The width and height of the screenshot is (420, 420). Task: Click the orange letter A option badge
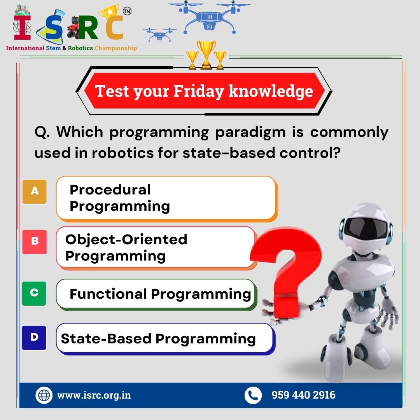pyautogui.click(x=35, y=192)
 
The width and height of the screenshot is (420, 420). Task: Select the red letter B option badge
pyautogui.click(x=35, y=241)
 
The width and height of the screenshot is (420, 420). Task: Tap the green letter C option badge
pyautogui.click(x=34, y=293)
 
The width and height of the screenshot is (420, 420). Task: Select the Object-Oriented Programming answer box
pyautogui.click(x=156, y=247)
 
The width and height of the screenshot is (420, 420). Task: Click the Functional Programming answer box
pyautogui.click(x=156, y=294)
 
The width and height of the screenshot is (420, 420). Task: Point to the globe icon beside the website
pyautogui.click(x=44, y=395)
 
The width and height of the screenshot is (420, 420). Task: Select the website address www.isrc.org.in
pyautogui.click(x=94, y=395)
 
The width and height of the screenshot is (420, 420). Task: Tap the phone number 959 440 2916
pyautogui.click(x=303, y=395)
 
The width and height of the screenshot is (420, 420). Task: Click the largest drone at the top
pyautogui.click(x=209, y=17)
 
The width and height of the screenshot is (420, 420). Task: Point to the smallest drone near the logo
pyautogui.click(x=159, y=34)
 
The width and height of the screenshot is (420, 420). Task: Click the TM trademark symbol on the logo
pyautogui.click(x=127, y=11)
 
